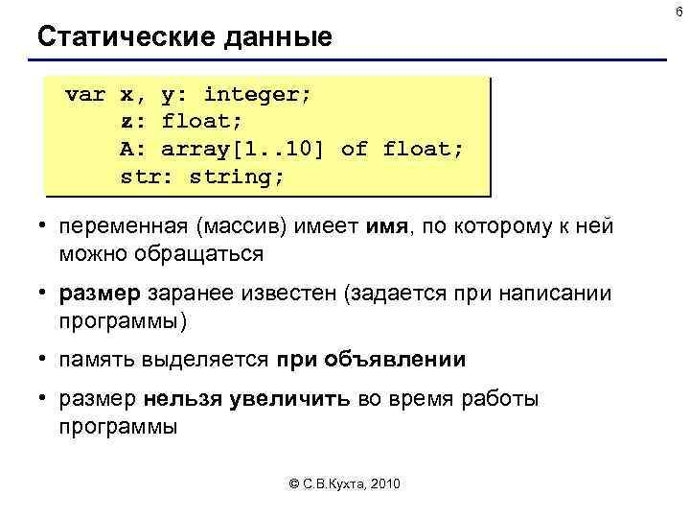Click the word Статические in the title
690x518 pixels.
point(116,38)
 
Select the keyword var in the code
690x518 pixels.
point(84,95)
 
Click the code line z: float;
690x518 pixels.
point(181,122)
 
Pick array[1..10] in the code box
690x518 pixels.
point(243,150)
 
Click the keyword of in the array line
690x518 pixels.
point(354,150)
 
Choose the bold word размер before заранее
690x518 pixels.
point(99,294)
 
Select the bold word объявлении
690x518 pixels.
point(397,361)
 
